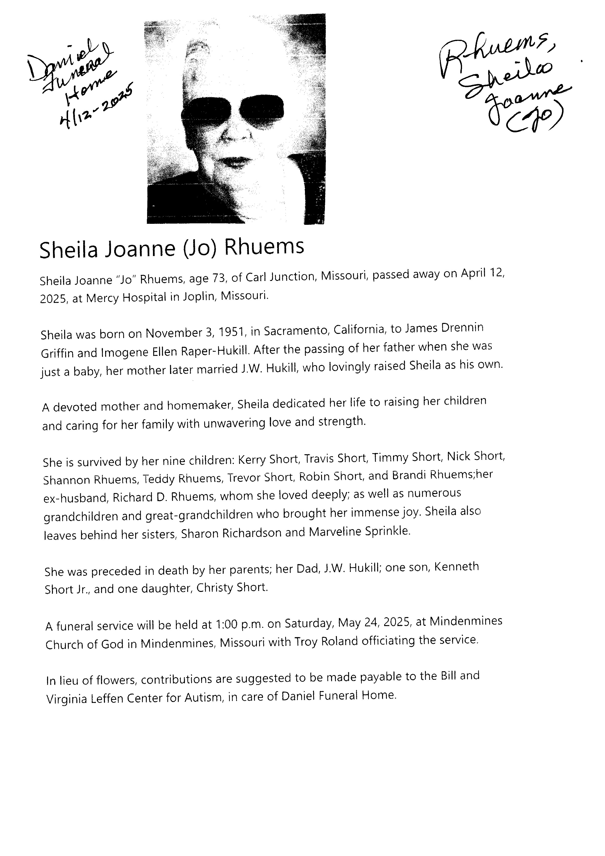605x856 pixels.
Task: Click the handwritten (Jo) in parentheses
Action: [x=534, y=121]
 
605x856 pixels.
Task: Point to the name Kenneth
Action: [x=457, y=567]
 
